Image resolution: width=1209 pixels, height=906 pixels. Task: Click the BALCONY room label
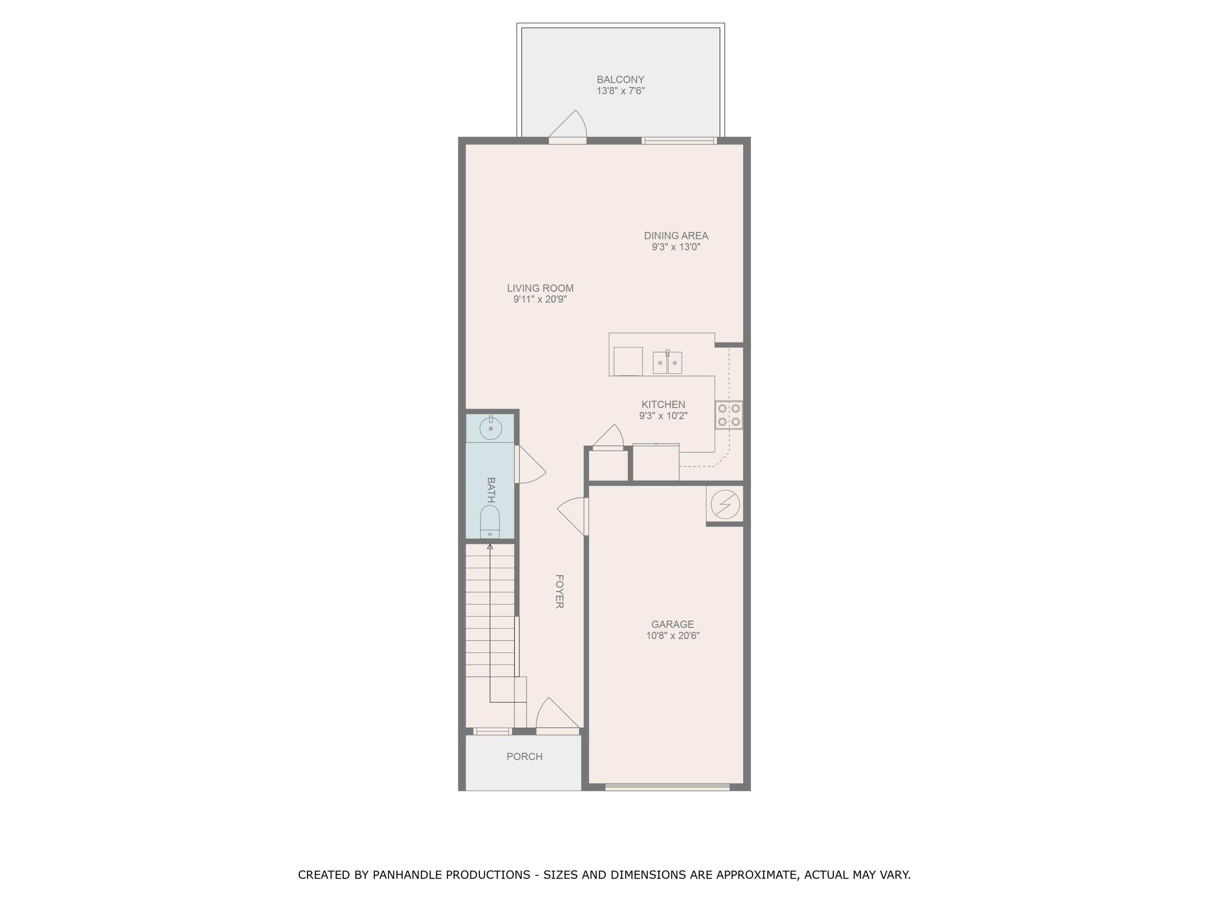coord(620,80)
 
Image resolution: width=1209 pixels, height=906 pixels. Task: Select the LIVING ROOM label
coord(540,288)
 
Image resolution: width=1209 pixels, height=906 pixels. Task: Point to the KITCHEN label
coord(663,405)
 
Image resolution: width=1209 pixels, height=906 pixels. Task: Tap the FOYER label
coord(559,592)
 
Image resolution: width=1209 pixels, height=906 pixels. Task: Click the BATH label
coord(491,490)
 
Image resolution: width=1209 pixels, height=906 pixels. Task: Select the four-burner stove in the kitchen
coord(729,415)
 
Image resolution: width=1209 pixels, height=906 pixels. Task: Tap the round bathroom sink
coord(491,428)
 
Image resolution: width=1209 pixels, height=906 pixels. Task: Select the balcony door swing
coord(568,127)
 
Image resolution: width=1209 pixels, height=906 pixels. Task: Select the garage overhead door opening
coord(667,787)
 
